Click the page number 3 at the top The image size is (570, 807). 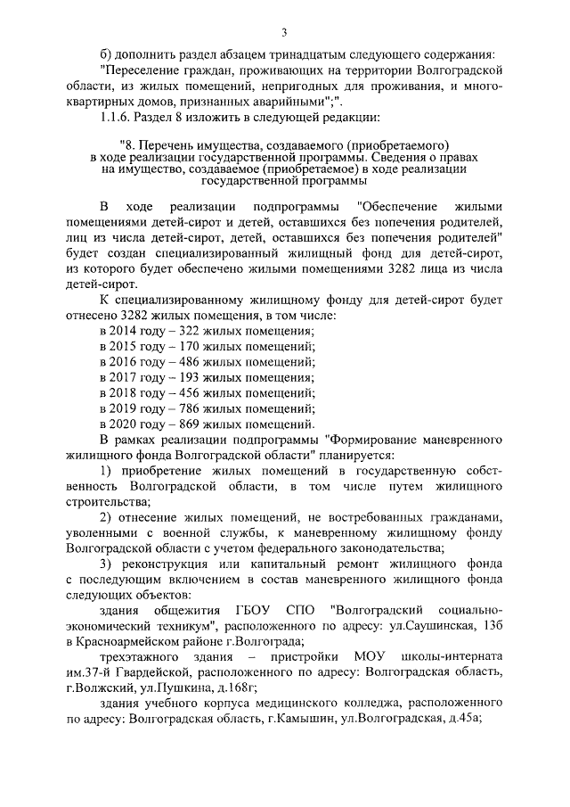[283, 34]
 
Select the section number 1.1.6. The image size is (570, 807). [121, 117]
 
